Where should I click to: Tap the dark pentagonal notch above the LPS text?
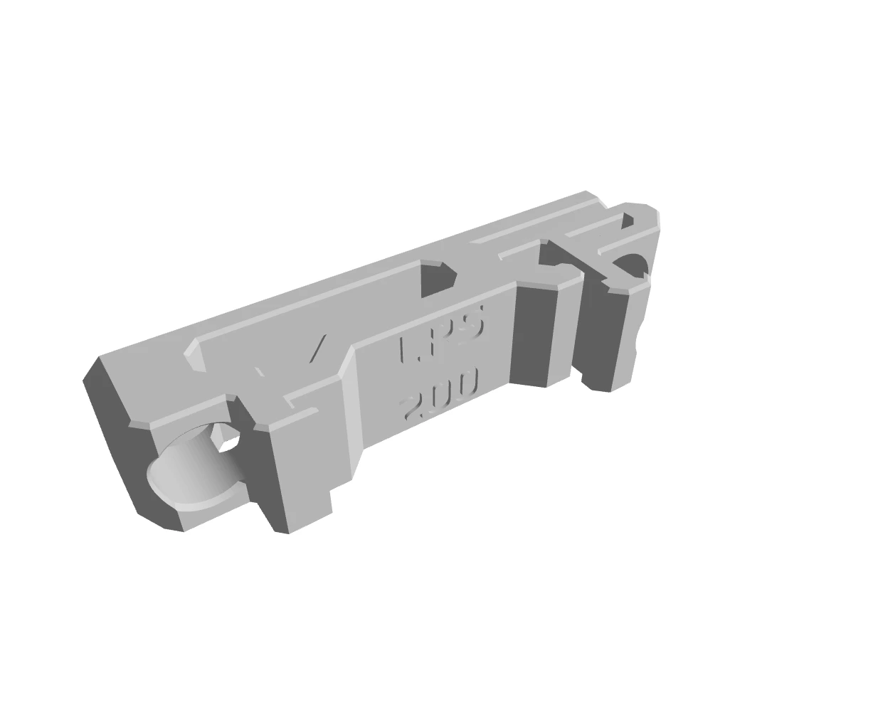(x=436, y=278)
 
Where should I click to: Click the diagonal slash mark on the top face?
(x=317, y=349)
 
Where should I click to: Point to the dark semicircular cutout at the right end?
(x=630, y=265)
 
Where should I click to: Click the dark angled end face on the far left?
(x=117, y=441)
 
